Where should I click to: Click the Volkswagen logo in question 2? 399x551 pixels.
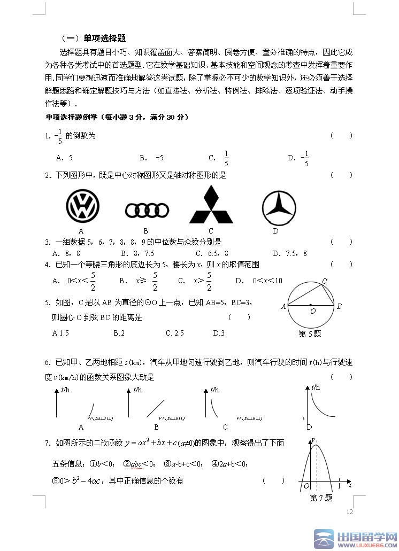click(82, 206)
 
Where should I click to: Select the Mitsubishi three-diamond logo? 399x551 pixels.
click(211, 205)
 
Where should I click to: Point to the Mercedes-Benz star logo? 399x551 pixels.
click(279, 207)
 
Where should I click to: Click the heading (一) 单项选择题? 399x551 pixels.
click(94, 38)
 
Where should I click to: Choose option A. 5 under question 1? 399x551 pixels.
click(64, 158)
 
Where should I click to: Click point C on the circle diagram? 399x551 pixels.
click(325, 281)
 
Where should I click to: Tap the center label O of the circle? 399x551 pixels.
click(313, 311)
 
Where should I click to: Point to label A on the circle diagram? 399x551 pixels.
click(283, 306)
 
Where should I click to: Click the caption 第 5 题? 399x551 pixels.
click(310, 334)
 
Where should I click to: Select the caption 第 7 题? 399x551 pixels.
click(321, 498)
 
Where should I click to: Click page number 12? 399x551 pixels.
click(350, 512)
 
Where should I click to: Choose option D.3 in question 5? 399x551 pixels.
click(219, 333)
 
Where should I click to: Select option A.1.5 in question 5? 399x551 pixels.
click(61, 333)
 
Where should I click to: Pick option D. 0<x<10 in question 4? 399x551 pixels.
click(259, 281)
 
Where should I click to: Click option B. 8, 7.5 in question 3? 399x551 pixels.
click(137, 253)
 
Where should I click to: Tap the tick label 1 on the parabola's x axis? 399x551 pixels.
click(339, 486)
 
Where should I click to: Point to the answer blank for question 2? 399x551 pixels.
click(341, 175)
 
